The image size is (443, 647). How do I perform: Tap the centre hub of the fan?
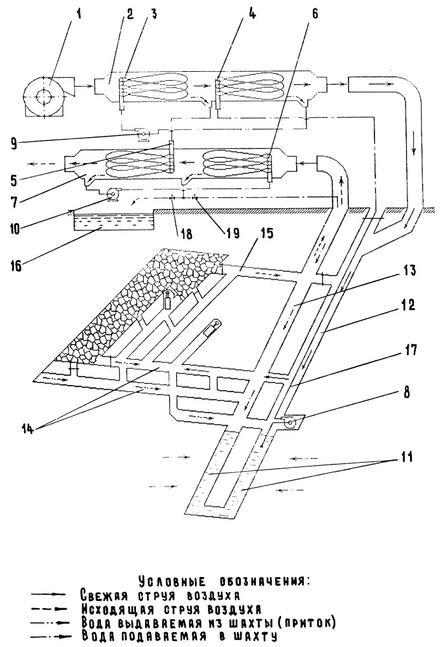pos(43,96)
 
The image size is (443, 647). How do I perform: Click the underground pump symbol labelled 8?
pos(290,422)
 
